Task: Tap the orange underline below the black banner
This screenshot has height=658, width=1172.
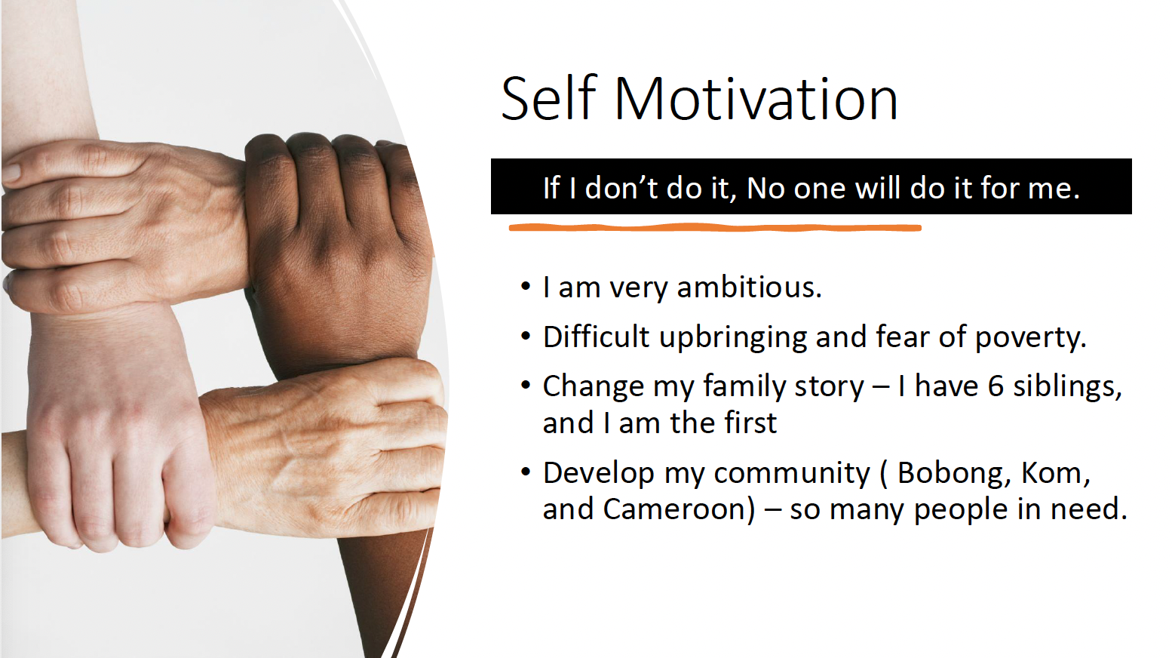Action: (x=715, y=228)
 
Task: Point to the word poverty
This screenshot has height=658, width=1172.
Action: (x=1031, y=337)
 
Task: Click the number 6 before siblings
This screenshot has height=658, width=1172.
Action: (x=996, y=386)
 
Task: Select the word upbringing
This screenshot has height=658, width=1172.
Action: (x=732, y=337)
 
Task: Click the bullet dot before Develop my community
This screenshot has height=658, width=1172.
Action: (x=526, y=472)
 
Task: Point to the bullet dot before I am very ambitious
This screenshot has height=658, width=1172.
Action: (x=526, y=287)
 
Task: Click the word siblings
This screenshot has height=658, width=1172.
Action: (x=1067, y=387)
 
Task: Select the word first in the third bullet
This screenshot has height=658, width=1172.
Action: (x=749, y=423)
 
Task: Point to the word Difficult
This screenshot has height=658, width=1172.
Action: (x=596, y=337)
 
